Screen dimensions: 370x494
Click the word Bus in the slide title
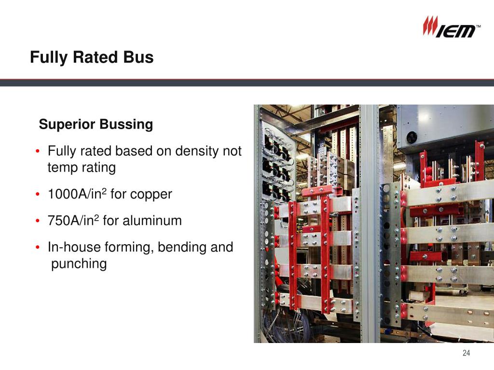pyautogui.click(x=138, y=57)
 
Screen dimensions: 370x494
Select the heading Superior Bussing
pyautogui.click(x=96, y=124)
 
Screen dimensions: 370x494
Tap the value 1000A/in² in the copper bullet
pyautogui.click(x=77, y=194)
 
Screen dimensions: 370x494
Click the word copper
pyautogui.click(x=151, y=195)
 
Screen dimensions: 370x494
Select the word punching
pyautogui.click(x=79, y=264)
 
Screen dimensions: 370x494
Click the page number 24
pyautogui.click(x=466, y=353)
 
